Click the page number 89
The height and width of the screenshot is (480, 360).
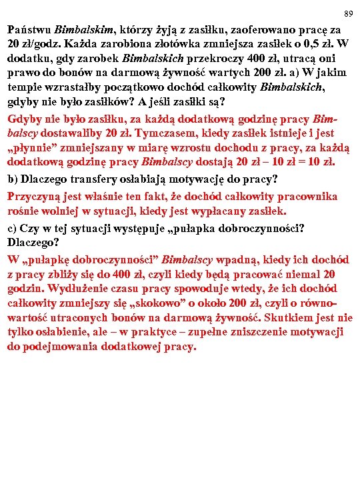[x=347, y=14]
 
